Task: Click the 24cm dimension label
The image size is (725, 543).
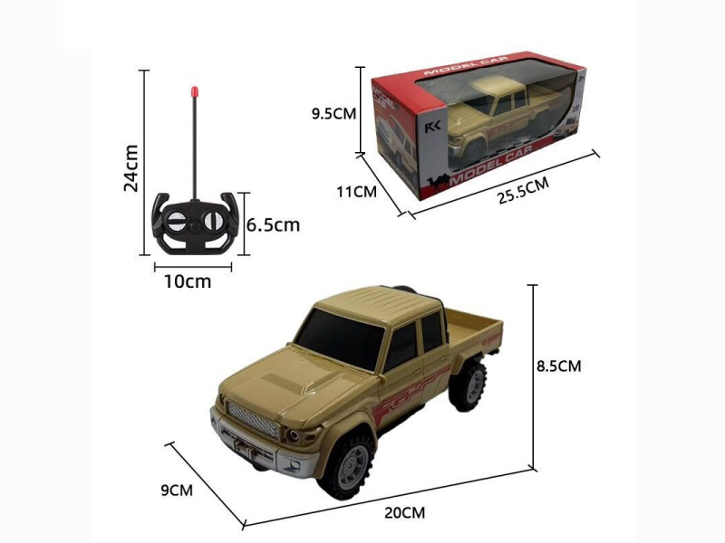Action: click(131, 168)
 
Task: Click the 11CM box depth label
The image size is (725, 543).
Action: click(356, 192)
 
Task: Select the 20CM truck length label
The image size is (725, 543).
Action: click(405, 512)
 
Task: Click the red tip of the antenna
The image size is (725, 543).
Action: click(193, 90)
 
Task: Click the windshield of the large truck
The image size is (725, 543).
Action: click(342, 338)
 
